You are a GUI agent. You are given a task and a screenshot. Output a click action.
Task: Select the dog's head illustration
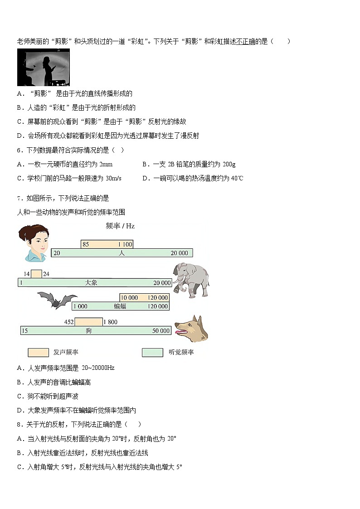click(192, 329)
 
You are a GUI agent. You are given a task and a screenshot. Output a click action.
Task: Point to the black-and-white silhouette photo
click(43, 68)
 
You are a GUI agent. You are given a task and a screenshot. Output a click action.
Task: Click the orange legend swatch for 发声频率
click(38, 352)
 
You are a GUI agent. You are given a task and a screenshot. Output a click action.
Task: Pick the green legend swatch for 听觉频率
click(152, 352)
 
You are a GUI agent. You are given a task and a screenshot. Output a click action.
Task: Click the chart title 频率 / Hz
click(120, 225)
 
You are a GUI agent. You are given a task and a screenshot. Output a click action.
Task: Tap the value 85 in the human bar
click(86, 245)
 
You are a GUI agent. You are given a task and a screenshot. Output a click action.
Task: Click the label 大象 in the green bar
click(91, 283)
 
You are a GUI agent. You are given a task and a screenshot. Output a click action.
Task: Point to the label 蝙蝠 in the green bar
click(120, 306)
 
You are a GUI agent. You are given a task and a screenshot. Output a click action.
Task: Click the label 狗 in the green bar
click(89, 331)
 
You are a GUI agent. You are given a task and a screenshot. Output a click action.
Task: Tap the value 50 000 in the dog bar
click(161, 331)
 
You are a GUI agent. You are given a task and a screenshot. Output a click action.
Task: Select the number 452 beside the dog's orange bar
click(69, 322)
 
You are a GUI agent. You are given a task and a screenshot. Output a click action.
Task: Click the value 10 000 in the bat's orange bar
click(129, 298)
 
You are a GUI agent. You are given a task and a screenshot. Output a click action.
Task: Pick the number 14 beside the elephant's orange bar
click(27, 274)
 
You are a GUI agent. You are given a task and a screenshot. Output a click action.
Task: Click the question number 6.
click(19, 150)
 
